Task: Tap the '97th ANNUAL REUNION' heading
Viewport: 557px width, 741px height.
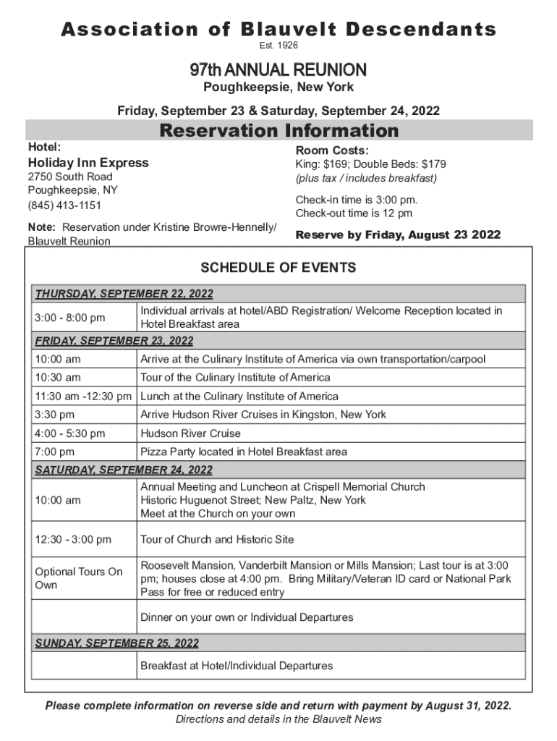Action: point(278,70)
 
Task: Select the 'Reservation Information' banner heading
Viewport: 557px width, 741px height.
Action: point(278,131)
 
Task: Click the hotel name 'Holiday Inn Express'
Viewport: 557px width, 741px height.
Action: point(88,163)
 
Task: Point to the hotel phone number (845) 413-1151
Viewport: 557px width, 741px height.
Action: point(64,206)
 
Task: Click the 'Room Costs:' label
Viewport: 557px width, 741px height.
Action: point(332,151)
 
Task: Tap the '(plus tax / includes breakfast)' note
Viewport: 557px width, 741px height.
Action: point(366,178)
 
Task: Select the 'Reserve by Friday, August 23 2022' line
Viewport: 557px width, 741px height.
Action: point(398,235)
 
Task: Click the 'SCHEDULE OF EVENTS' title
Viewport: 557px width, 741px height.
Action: point(278,268)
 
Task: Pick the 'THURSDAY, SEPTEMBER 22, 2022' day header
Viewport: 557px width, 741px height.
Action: point(124,294)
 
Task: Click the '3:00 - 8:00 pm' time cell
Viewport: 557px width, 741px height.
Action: point(70,318)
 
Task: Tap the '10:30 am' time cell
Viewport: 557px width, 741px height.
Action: point(57,377)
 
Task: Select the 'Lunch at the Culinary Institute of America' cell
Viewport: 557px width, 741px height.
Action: point(239,396)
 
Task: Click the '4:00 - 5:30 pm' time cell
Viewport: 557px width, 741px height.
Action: point(70,433)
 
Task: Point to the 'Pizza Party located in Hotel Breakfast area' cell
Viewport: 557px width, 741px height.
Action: point(243,452)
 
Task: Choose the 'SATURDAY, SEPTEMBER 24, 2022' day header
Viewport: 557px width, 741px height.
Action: point(124,470)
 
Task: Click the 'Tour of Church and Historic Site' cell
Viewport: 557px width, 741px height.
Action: point(217,539)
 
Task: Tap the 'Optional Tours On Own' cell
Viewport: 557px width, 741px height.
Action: point(79,578)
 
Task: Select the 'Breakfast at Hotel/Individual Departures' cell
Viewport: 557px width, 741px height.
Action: point(237,666)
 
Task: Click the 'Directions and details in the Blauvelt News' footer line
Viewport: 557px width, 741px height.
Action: point(278,719)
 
